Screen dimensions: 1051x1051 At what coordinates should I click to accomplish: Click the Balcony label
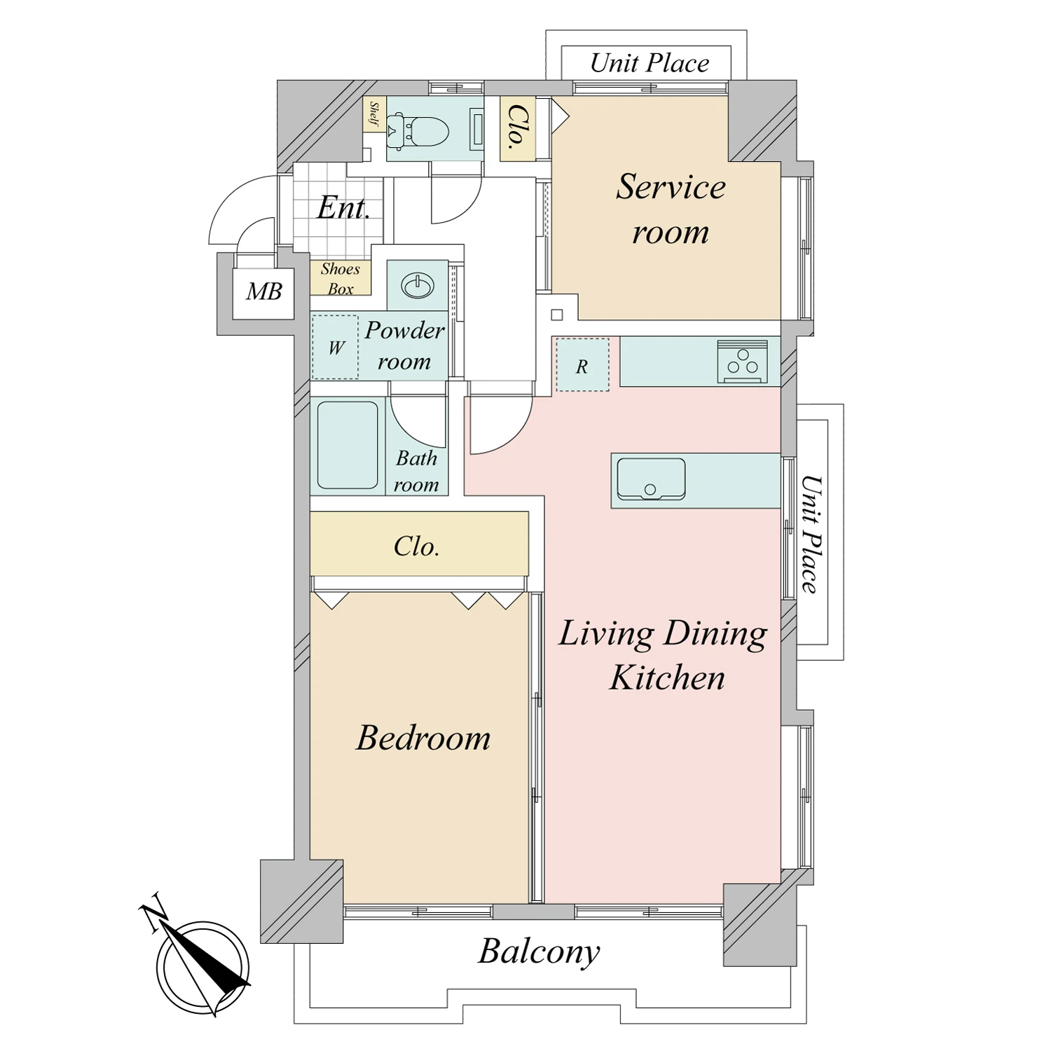(539, 952)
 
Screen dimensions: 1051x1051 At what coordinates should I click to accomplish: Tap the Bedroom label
(423, 738)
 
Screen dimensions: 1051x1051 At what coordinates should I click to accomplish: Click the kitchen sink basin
(650, 479)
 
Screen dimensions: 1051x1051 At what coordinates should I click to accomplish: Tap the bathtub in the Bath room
(348, 445)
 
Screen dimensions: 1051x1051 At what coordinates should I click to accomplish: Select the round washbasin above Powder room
(418, 285)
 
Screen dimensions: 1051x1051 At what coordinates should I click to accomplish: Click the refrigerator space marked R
(582, 365)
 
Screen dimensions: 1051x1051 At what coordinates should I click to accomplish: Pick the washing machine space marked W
(336, 348)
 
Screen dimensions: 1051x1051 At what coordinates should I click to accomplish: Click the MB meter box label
(263, 291)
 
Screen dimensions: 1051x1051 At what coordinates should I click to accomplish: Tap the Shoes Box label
(341, 278)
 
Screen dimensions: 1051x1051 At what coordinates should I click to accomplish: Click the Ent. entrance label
(343, 207)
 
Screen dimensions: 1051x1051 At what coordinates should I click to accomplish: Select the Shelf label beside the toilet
(373, 114)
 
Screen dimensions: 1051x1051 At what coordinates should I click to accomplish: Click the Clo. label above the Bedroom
(416, 547)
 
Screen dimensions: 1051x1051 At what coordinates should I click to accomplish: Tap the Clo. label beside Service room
(518, 128)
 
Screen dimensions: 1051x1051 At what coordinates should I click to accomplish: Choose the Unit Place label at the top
(650, 63)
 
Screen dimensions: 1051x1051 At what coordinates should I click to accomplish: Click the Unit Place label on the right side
(811, 534)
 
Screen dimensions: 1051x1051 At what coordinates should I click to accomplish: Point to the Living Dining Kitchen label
(664, 655)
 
